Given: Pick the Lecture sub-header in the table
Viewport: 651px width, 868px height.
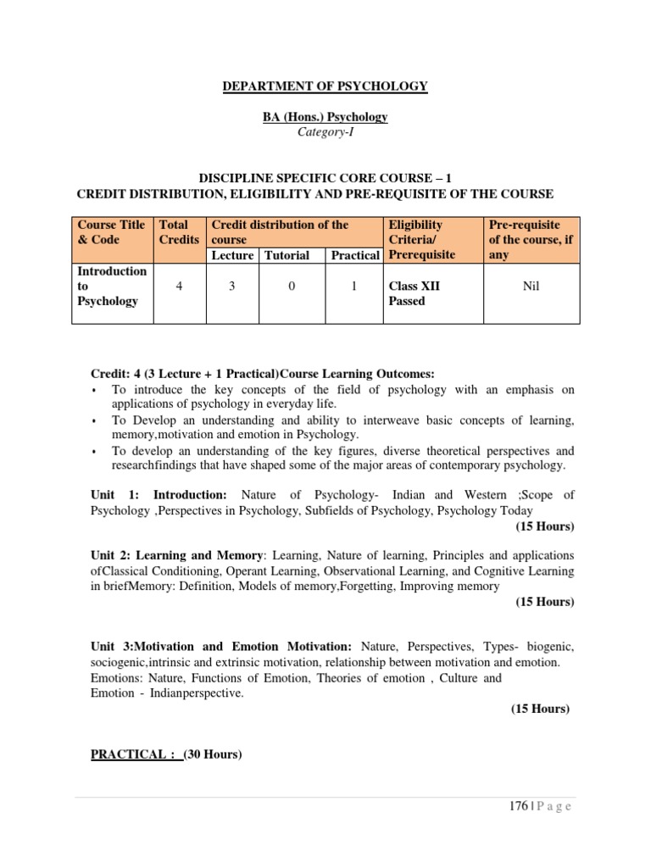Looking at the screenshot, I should [x=232, y=255].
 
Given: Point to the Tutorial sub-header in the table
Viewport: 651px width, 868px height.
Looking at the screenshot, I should [x=287, y=255].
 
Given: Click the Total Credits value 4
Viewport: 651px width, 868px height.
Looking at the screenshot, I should [x=179, y=287].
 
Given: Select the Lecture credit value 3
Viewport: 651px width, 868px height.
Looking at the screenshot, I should [x=231, y=287].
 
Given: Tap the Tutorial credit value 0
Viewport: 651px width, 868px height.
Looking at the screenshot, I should [x=292, y=287].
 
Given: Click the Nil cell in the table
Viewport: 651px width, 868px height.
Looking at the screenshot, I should [x=531, y=287].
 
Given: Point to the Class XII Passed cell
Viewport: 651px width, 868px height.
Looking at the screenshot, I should [x=414, y=293].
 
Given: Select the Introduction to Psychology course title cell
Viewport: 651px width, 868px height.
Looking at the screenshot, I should [x=112, y=287].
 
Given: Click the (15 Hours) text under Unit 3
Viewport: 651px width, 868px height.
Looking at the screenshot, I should [x=540, y=709].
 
